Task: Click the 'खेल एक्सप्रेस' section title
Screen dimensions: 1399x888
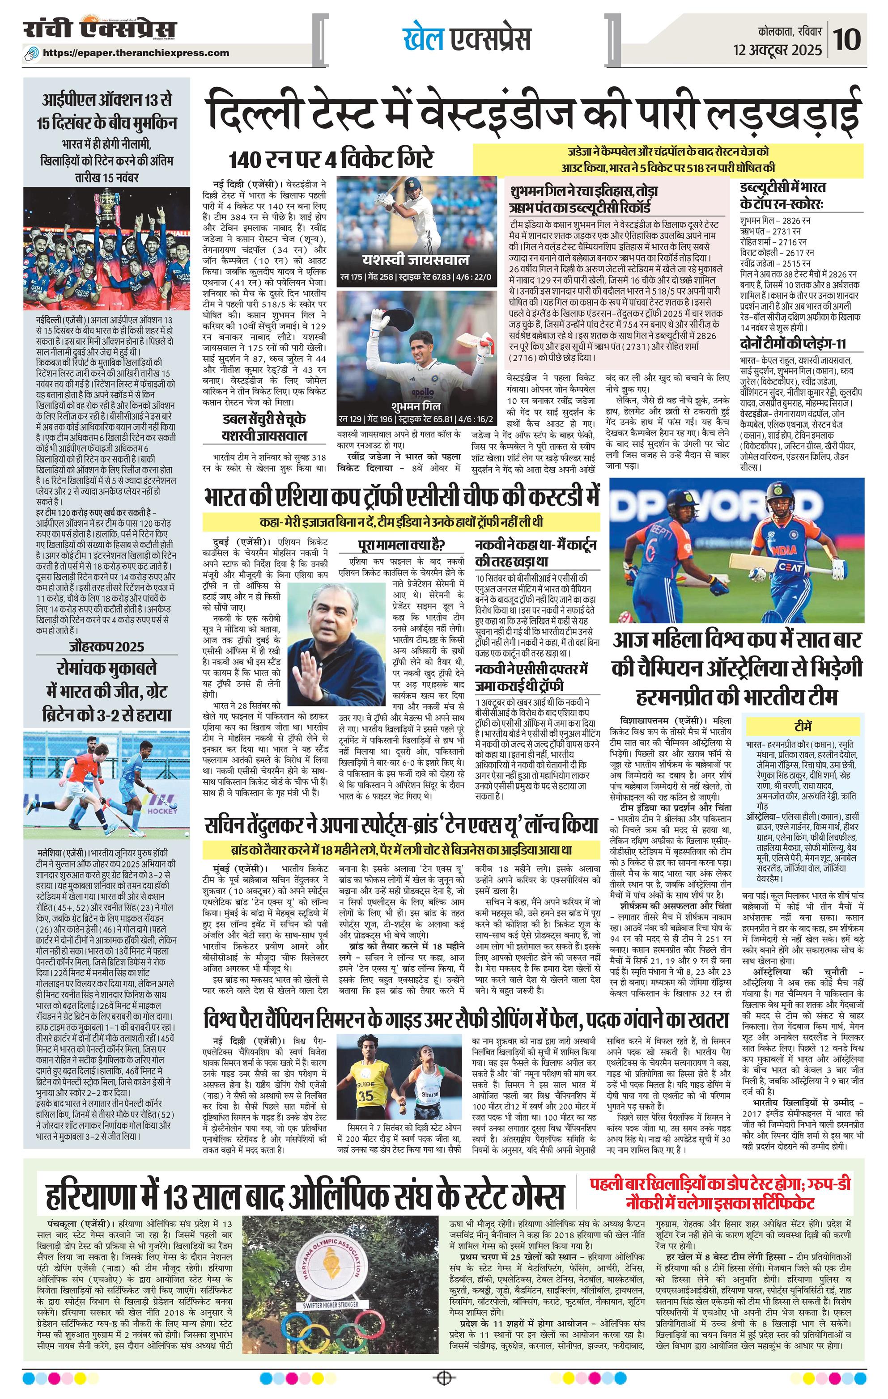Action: coord(466,39)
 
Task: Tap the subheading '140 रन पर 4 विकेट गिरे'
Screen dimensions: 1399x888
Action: coord(332,159)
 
